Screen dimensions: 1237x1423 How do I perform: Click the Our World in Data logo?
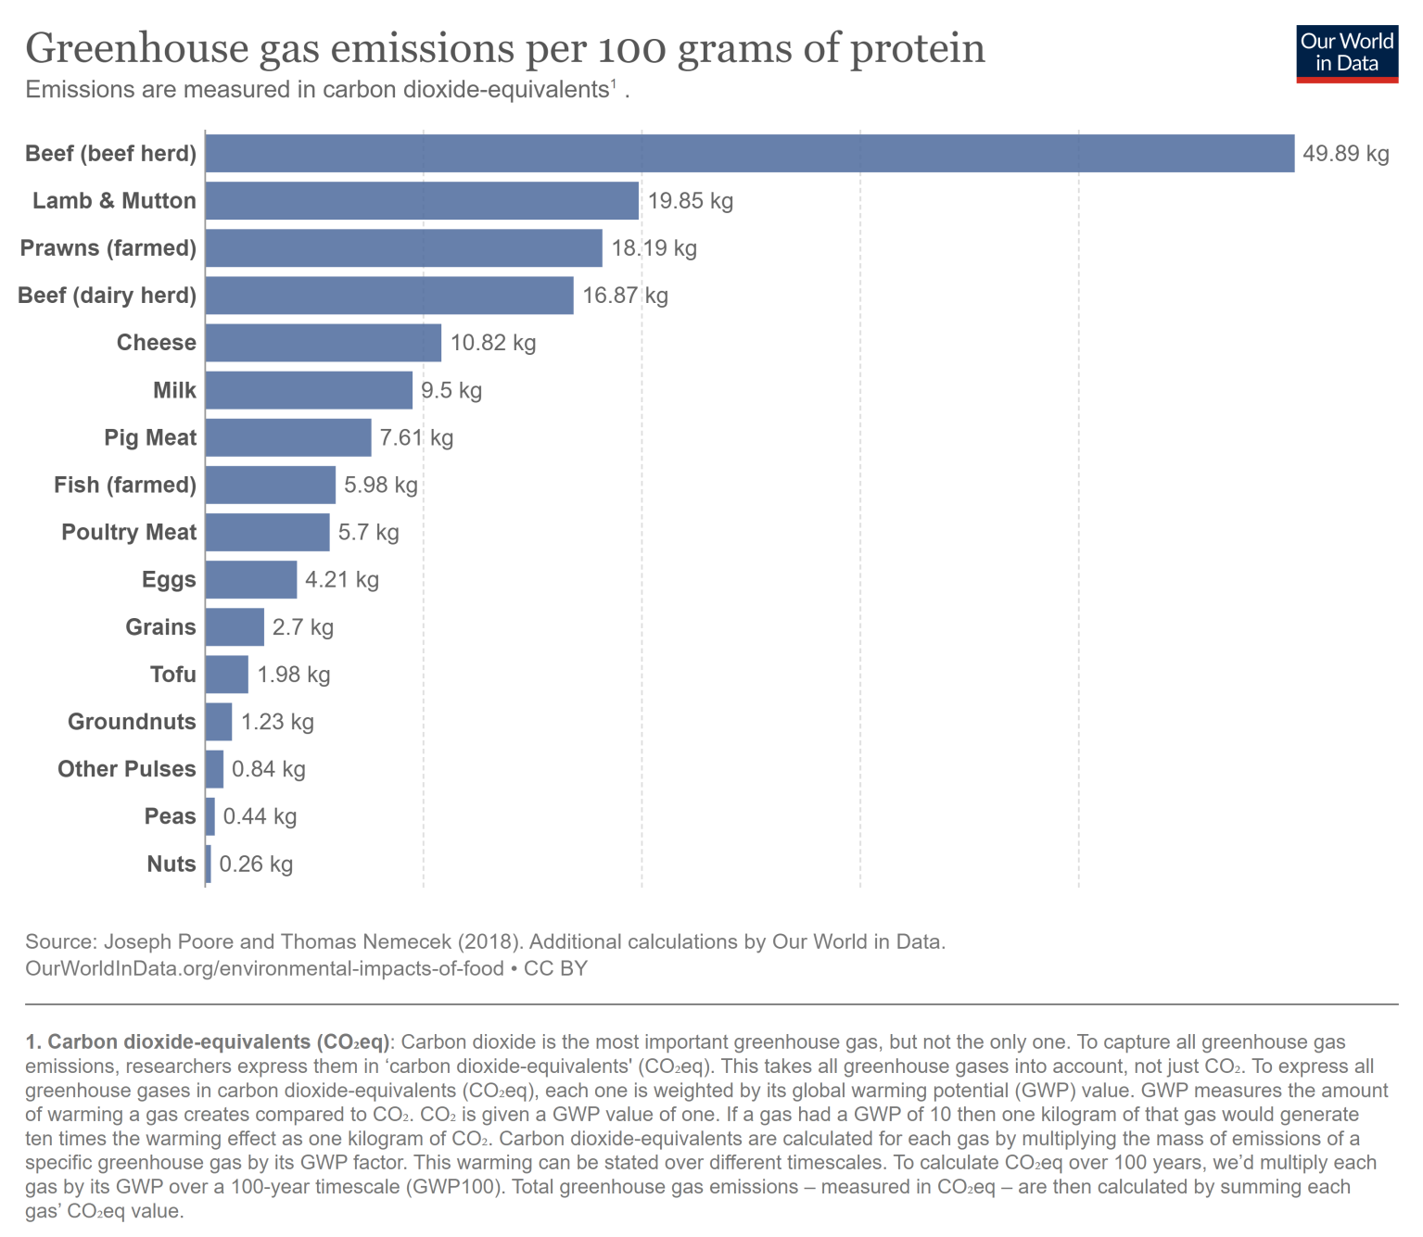click(x=1346, y=54)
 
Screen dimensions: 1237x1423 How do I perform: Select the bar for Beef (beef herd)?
click(x=749, y=154)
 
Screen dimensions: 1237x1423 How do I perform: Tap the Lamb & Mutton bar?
click(x=422, y=201)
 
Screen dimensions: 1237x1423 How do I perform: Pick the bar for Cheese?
click(x=323, y=343)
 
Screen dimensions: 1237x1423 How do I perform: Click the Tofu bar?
click(x=227, y=675)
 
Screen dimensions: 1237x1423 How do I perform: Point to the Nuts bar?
click(x=209, y=864)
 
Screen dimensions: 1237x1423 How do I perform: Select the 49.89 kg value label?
click(x=1345, y=154)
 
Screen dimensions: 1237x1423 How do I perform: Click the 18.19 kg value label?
click(x=654, y=248)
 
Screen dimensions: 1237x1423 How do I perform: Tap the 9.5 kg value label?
click(x=451, y=390)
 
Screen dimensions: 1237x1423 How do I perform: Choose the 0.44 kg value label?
click(x=260, y=816)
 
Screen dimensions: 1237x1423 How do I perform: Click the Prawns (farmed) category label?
click(x=108, y=248)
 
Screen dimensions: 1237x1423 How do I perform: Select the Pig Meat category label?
click(x=150, y=437)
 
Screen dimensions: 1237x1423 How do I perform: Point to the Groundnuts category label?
click(x=132, y=722)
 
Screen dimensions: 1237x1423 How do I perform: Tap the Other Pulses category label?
click(x=127, y=769)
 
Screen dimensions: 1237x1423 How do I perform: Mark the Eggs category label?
click(x=169, y=580)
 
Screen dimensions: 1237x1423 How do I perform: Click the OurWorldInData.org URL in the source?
click(x=264, y=968)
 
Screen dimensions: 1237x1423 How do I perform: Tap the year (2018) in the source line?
click(x=486, y=941)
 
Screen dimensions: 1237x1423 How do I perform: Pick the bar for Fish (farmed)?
click(x=270, y=486)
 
